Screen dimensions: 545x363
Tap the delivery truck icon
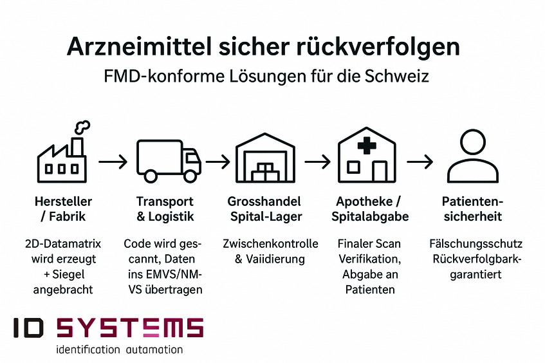(169, 161)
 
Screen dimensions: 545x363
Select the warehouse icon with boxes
(265, 158)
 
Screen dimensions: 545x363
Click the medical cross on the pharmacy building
(367, 145)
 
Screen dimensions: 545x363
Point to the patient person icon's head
(473, 142)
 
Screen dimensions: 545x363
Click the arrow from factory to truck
(113, 162)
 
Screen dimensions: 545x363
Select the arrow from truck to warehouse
(218, 162)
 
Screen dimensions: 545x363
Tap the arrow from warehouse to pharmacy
(317, 162)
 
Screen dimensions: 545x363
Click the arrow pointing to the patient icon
(420, 162)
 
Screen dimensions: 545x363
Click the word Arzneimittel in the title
(140, 46)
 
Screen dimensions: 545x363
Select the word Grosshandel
(264, 201)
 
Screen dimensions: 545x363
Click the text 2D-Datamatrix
(63, 244)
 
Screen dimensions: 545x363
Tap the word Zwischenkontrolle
(270, 244)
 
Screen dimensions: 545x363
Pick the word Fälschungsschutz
(476, 244)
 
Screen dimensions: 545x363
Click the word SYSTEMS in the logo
(130, 328)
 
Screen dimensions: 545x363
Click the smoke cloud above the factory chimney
(82, 127)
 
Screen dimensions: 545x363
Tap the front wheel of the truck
(190, 176)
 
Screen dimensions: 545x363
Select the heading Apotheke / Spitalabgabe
(370, 209)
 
